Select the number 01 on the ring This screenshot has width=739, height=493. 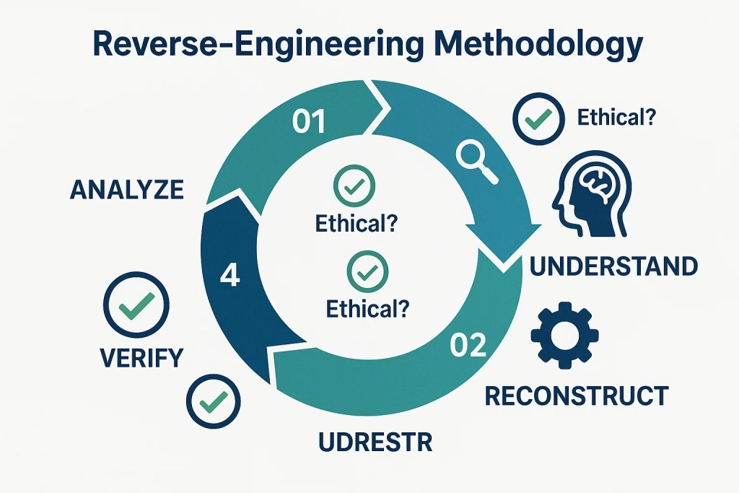(x=309, y=123)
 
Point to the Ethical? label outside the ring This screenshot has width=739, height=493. (x=616, y=117)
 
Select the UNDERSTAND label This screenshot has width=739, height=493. (x=613, y=266)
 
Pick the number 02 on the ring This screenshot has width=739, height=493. (x=468, y=346)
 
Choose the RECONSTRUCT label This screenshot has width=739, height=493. (x=576, y=396)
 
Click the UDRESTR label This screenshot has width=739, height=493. (x=375, y=441)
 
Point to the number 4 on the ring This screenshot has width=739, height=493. (x=229, y=276)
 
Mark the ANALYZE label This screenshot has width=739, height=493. (x=127, y=190)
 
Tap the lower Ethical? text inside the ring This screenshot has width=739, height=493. (x=368, y=309)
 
